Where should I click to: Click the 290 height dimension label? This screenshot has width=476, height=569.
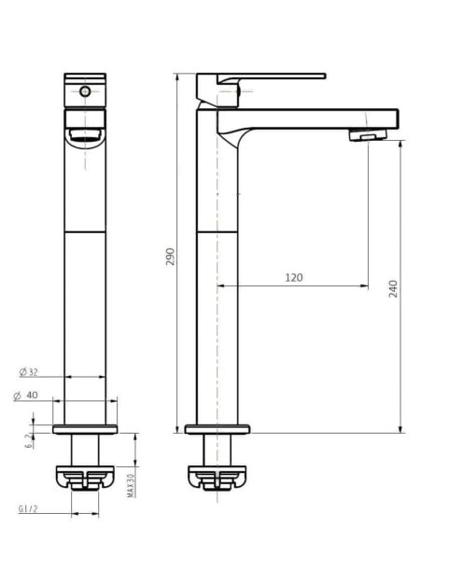[x=171, y=257]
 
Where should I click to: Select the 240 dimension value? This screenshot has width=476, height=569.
[x=393, y=289]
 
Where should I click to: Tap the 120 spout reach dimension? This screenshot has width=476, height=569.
[x=294, y=278]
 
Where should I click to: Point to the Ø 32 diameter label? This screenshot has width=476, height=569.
[x=29, y=372]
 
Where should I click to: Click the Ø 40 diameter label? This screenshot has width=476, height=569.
[x=26, y=396]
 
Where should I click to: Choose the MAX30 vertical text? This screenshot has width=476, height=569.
[x=131, y=486]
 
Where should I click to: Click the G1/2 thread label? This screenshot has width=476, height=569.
[x=28, y=508]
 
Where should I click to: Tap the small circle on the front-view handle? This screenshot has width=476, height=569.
[x=85, y=91]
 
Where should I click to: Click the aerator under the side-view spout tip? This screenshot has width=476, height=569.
[x=368, y=135]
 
